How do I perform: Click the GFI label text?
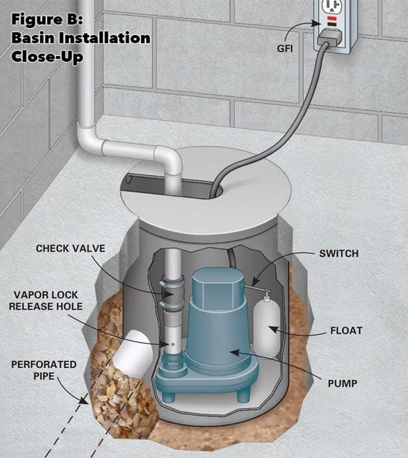[284, 48]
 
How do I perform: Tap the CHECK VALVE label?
[70, 248]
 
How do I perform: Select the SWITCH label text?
[339, 253]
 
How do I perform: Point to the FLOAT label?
[346, 330]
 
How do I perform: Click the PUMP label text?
[342, 383]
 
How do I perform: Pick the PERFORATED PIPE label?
[44, 370]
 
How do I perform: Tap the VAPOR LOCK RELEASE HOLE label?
[46, 300]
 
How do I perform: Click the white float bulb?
[266, 327]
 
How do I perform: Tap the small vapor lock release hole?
[173, 344]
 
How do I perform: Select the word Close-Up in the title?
[47, 56]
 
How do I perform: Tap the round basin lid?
[205, 191]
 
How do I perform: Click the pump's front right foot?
[244, 395]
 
